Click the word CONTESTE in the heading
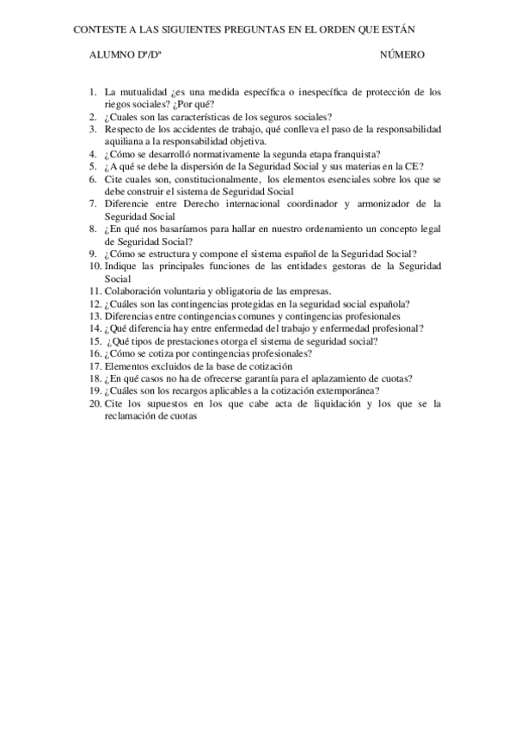pos(99,28)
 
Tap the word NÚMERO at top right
pos(402,55)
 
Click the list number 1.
pos(93,91)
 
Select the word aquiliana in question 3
pos(125,142)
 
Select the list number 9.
pos(93,254)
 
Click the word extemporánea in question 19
pos(343,390)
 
